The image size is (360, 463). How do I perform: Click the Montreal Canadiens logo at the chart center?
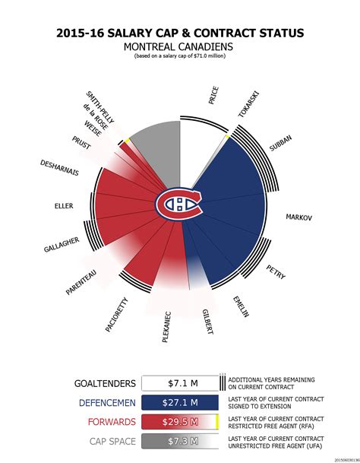(179, 202)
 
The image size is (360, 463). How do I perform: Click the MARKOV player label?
(298, 217)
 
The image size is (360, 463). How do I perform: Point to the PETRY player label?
(276, 271)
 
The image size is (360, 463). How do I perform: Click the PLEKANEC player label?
(167, 326)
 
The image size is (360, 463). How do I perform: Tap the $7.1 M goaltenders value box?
(179, 384)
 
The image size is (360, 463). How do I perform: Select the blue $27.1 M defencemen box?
(179, 402)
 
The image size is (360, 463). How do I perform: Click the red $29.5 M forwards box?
(179, 421)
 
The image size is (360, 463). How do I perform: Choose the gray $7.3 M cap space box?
(179, 440)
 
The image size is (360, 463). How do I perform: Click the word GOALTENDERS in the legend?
(106, 384)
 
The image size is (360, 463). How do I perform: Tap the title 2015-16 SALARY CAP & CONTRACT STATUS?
(179, 33)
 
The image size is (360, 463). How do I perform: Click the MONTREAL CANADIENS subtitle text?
(179, 46)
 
